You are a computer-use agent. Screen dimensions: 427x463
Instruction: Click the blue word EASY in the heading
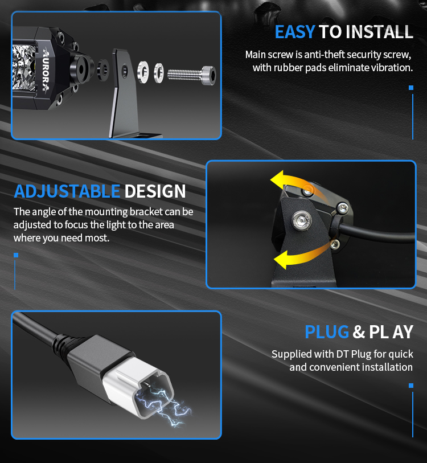295,32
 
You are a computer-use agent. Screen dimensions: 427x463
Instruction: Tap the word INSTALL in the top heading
379,32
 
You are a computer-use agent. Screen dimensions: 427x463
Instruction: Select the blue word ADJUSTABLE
67,191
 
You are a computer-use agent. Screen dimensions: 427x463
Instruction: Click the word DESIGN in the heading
155,191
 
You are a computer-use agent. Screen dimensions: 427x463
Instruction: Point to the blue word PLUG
327,332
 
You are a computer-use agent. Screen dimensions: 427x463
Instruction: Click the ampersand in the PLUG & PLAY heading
359,332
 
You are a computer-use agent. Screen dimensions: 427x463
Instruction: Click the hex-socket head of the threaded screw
208,76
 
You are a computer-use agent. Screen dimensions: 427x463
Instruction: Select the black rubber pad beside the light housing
102,69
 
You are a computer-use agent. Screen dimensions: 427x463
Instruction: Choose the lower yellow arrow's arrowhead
281,260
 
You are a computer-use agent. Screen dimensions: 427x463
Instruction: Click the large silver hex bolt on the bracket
301,220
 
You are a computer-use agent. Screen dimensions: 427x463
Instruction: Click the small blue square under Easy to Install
411,88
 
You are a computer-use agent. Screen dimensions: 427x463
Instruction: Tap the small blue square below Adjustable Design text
16,255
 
